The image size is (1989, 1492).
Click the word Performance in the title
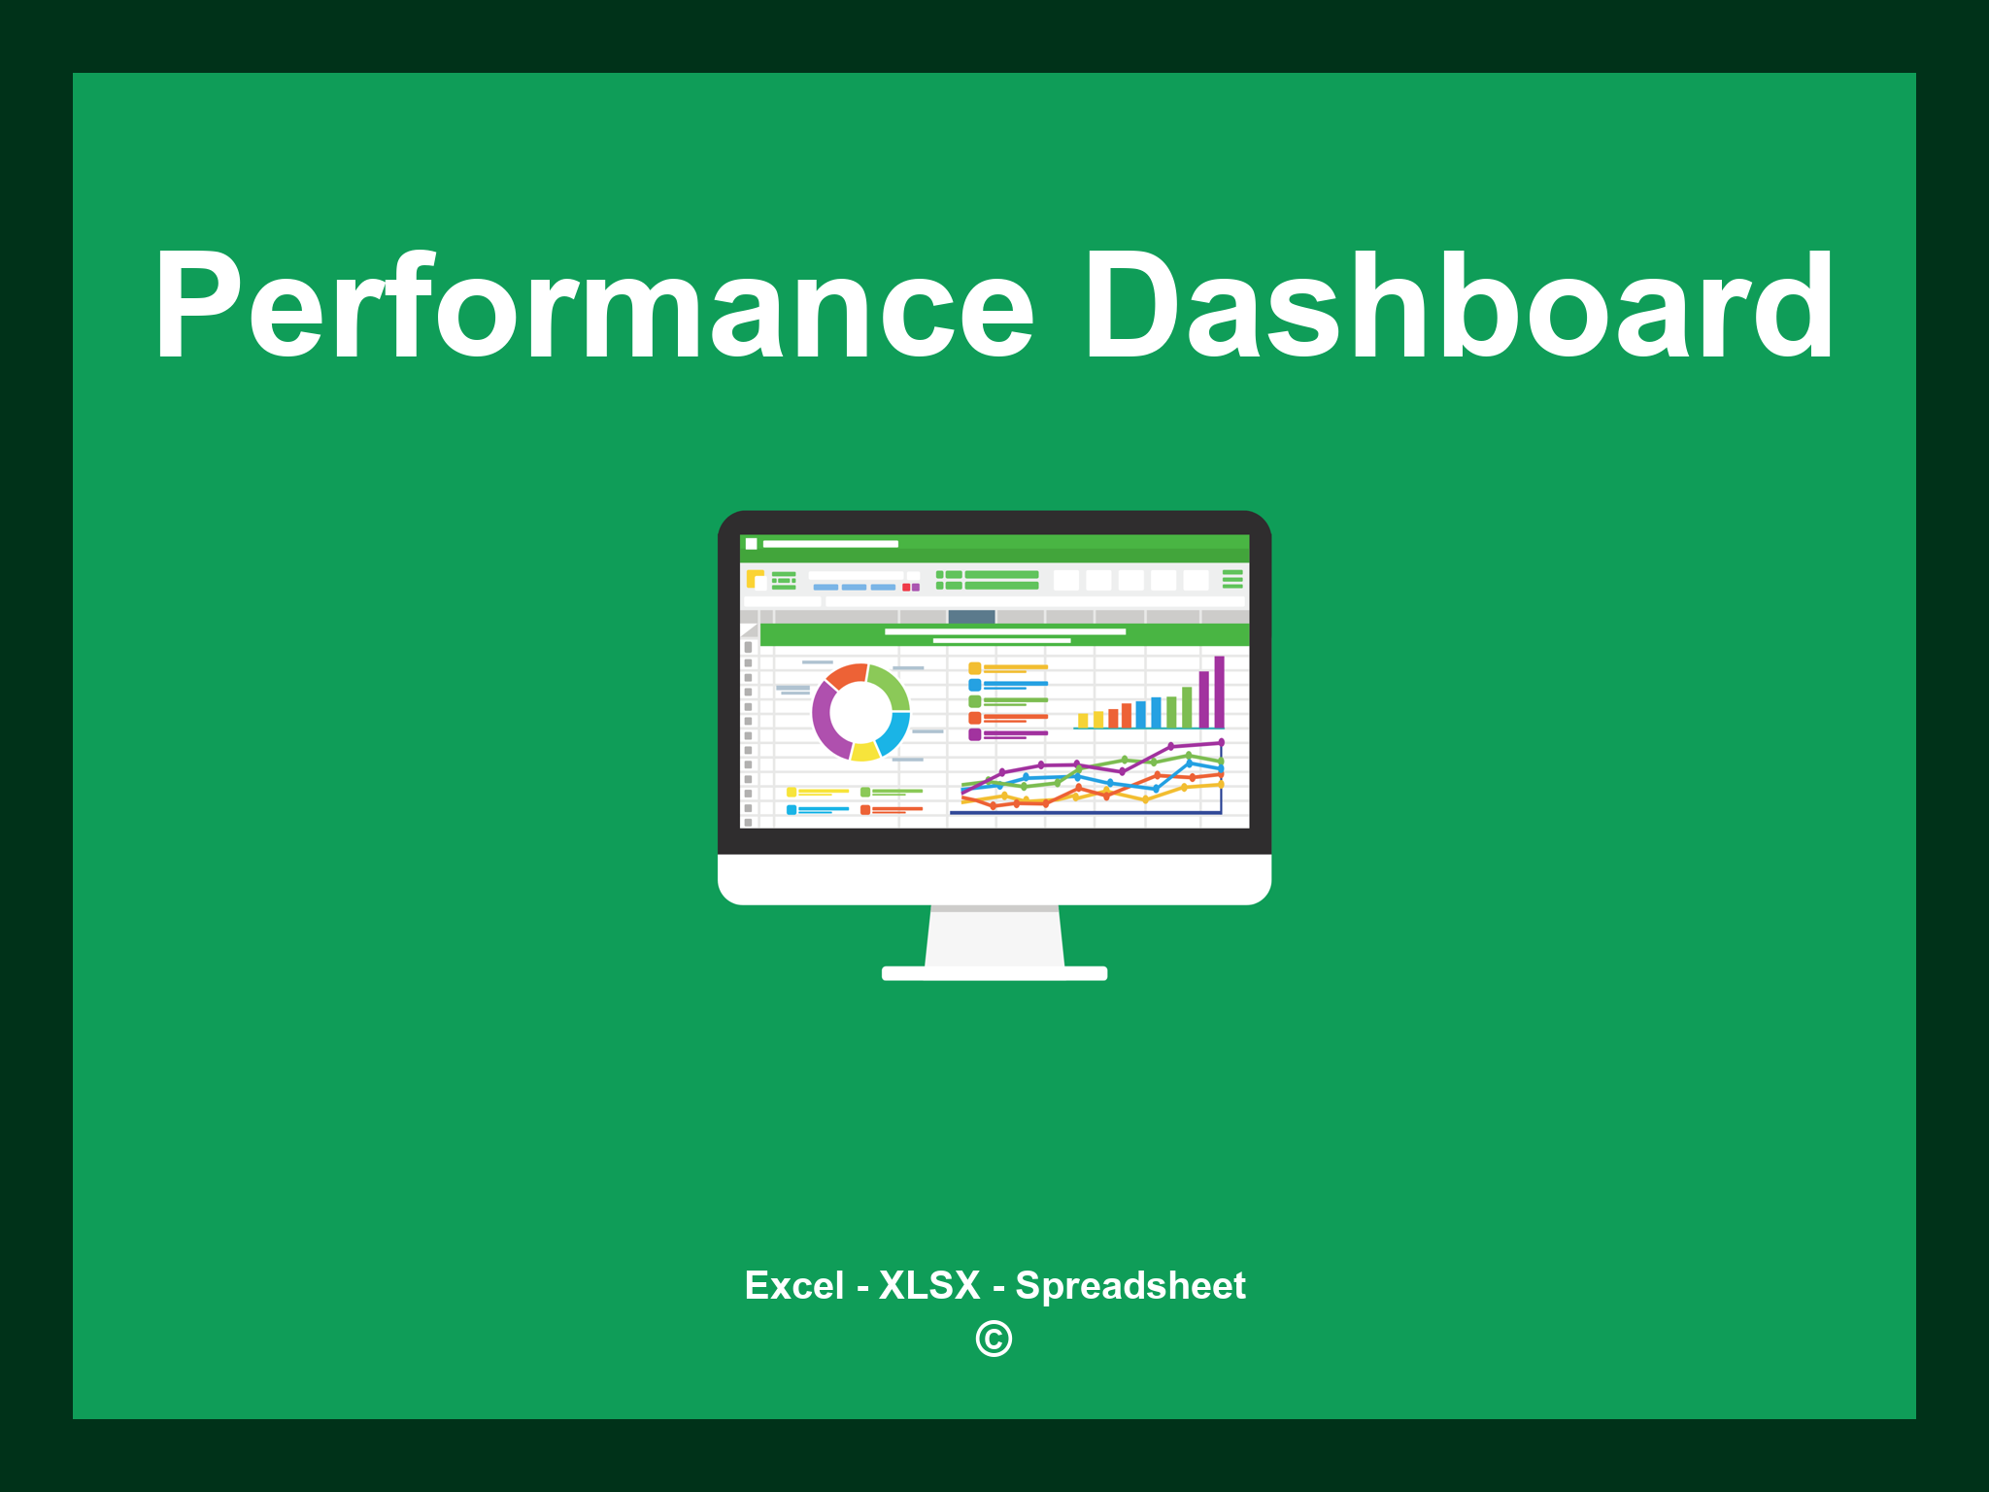[x=592, y=306]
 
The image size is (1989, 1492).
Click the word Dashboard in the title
[x=1457, y=306]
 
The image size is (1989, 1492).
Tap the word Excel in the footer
[x=793, y=1285]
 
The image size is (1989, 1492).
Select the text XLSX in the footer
[x=929, y=1285]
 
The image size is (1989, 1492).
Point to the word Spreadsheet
[x=1129, y=1285]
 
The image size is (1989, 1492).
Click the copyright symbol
[x=994, y=1339]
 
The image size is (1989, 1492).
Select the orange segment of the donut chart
[x=846, y=675]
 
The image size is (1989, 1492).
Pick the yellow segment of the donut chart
[x=863, y=751]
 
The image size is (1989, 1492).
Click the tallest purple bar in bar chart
[x=1219, y=692]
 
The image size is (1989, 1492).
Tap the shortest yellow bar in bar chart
[x=1083, y=721]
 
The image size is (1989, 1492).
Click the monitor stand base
[x=994, y=973]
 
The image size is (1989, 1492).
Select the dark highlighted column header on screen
[x=971, y=617]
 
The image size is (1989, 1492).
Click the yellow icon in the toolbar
[x=755, y=579]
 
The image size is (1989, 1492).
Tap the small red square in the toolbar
[x=906, y=588]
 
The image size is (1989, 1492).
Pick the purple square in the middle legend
[x=974, y=734]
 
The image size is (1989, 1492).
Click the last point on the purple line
[x=1221, y=742]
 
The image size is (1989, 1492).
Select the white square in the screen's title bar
[x=751, y=544]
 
